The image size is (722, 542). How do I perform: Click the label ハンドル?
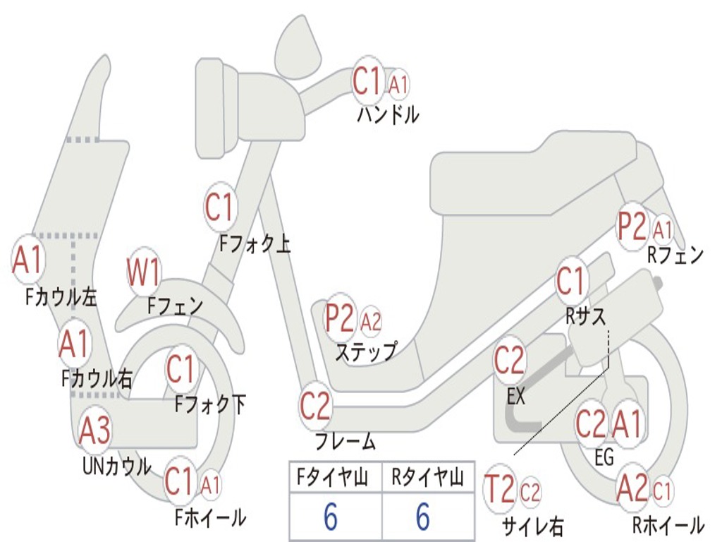coord(388,114)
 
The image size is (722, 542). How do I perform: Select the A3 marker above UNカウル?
coord(94,430)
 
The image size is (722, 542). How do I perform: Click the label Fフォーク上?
coord(255,244)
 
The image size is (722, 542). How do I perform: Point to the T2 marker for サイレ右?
coord(500,490)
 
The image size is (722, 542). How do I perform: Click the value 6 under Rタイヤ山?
coord(423,517)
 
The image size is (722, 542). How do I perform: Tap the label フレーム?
coord(345,442)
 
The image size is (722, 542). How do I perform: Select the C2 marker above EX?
coord(509,361)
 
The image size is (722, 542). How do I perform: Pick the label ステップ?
coord(366,351)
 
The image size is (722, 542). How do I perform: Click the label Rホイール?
coord(668,525)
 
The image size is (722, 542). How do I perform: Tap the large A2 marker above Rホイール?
coord(632,488)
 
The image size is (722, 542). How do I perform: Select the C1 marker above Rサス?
coord(571,281)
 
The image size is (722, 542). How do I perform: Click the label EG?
coord(604,457)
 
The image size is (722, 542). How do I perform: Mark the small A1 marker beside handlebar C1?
coord(399,85)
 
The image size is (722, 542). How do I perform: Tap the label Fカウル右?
coord(97,379)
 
